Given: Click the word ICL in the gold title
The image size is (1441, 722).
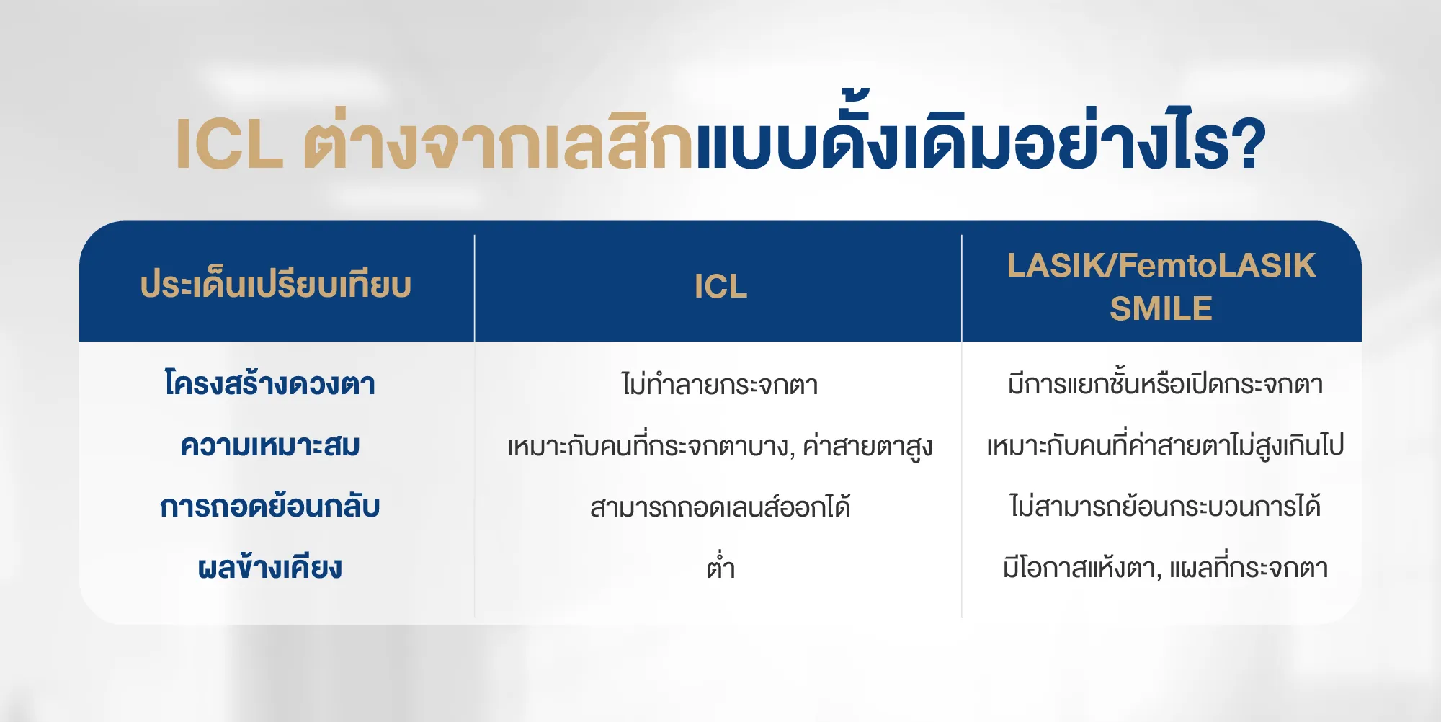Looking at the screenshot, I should click(229, 144).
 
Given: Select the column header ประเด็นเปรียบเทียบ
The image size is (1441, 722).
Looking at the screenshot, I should click(276, 285).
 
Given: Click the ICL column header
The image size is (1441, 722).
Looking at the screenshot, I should click(720, 286).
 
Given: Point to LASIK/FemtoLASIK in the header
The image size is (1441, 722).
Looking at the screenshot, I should click(1161, 265).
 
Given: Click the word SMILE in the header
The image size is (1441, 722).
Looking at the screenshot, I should click(1161, 308).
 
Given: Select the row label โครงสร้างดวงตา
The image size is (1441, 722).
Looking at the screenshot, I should click(270, 383).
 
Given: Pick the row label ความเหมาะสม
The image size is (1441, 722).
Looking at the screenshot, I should click(270, 445).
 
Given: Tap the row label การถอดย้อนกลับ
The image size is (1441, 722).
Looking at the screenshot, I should click(270, 507).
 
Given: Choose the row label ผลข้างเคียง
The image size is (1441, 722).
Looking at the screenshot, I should click(270, 568).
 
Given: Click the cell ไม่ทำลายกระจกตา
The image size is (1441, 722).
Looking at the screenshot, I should click(720, 384).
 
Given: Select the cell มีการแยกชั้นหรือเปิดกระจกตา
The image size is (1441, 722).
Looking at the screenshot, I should click(1165, 383).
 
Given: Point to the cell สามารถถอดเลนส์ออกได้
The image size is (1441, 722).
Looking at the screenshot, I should click(720, 507).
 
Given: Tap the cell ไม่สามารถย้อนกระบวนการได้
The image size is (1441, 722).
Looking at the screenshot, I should click(1165, 507).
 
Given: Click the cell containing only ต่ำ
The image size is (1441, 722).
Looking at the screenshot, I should click(720, 568).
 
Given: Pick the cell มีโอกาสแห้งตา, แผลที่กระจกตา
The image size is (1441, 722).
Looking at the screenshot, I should click(1165, 569).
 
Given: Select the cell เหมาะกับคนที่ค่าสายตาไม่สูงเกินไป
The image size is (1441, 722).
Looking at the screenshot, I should click(1165, 445).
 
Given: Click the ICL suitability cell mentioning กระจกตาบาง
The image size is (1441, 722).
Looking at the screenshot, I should click(720, 446).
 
